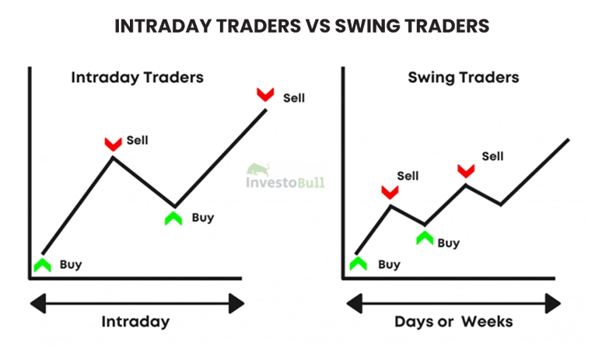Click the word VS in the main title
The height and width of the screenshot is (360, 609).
click(x=317, y=26)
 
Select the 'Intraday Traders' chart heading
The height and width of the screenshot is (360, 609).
click(x=137, y=77)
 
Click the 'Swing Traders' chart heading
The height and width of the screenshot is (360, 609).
click(x=464, y=77)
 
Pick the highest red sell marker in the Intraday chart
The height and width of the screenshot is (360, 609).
click(x=265, y=95)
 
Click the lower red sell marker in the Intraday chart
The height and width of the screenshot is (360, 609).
click(x=113, y=144)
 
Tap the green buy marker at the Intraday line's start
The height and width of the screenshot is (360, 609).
click(x=42, y=265)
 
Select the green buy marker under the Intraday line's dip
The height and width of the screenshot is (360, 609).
click(x=173, y=218)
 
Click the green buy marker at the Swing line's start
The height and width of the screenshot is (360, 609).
click(x=358, y=263)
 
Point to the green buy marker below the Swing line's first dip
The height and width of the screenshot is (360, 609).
click(x=425, y=238)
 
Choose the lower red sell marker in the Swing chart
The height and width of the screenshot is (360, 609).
click(x=390, y=192)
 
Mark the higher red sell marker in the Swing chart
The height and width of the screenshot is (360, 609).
click(x=466, y=171)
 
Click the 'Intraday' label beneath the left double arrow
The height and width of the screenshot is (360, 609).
click(x=135, y=322)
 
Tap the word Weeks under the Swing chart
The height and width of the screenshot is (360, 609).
click(x=487, y=322)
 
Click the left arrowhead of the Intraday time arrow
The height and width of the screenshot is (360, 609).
click(x=37, y=303)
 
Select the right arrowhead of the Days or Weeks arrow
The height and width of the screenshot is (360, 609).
click(x=553, y=303)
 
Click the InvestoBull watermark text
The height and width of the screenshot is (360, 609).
click(x=285, y=182)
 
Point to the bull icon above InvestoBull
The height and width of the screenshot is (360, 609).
click(x=259, y=170)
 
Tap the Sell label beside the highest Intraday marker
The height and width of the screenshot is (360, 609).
click(x=294, y=98)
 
